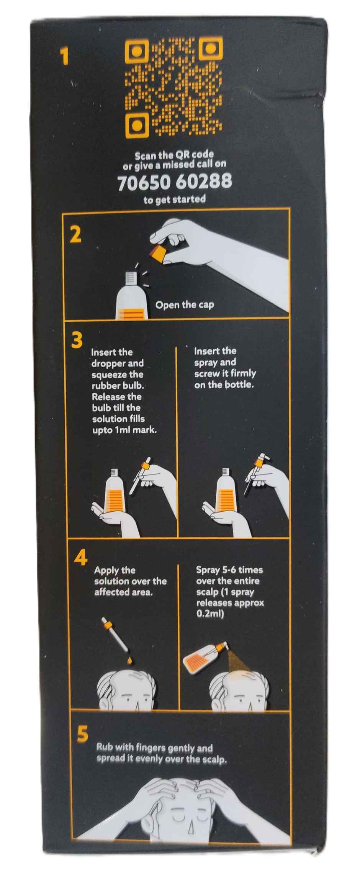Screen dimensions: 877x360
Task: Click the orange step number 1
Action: (x=65, y=57)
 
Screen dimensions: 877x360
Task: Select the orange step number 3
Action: (x=77, y=340)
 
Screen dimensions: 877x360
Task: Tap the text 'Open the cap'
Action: (x=185, y=305)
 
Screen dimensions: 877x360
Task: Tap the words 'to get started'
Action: (x=174, y=199)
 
